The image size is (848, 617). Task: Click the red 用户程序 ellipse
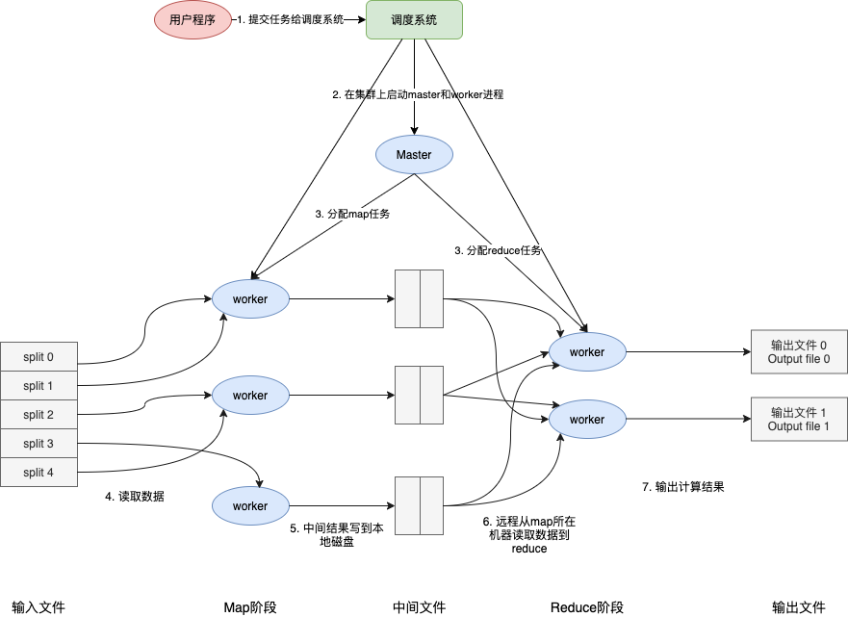tap(193, 19)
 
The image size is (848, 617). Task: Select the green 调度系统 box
tap(414, 19)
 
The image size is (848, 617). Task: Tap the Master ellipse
tap(414, 154)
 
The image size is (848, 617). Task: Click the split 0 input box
tap(39, 357)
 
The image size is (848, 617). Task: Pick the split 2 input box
tap(39, 415)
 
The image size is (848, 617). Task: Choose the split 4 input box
tap(39, 473)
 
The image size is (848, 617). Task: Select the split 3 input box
tap(39, 444)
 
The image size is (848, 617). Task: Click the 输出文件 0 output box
tap(799, 352)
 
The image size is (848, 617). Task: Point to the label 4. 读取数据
tap(135, 497)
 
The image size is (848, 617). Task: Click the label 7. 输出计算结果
tap(682, 487)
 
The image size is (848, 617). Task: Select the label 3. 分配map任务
tap(352, 214)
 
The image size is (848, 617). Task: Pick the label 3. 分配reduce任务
tap(498, 250)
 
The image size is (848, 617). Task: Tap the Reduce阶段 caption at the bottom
tap(586, 607)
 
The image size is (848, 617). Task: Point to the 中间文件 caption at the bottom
tap(419, 607)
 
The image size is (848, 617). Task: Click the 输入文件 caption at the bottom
tap(39, 607)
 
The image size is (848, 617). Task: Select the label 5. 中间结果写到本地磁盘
tap(337, 534)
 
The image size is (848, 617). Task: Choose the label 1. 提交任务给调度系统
tap(292, 19)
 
